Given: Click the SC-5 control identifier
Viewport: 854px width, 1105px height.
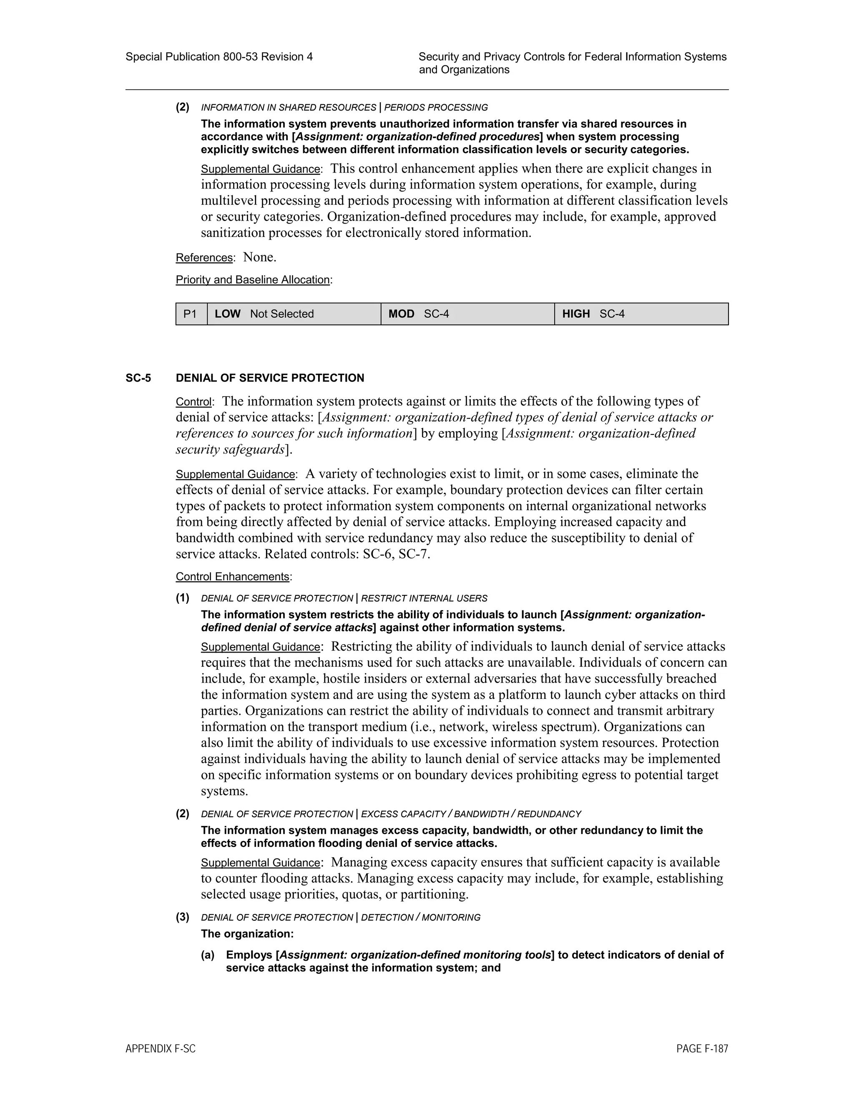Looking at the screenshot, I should point(138,378).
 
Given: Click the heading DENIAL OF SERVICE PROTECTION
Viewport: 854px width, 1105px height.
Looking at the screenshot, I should point(270,378).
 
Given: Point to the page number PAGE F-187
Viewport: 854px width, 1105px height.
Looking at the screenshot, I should point(702,1049).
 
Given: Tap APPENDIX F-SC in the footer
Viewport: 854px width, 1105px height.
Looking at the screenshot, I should point(161,1049).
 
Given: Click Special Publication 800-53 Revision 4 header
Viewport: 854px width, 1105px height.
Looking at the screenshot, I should point(219,57).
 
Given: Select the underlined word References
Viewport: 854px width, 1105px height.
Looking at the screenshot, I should point(204,258).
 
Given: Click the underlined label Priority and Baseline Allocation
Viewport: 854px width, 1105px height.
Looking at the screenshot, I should point(252,280).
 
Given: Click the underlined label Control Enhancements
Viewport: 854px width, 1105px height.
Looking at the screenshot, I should point(232,577).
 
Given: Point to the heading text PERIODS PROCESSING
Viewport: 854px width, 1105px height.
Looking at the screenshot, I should point(436,107).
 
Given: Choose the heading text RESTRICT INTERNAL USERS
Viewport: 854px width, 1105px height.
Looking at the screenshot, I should point(424,598).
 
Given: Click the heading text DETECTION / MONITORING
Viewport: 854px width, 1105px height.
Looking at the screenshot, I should point(420,917).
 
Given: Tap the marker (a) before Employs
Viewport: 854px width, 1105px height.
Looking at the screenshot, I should point(207,955).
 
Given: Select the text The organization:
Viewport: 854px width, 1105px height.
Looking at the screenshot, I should point(247,934).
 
